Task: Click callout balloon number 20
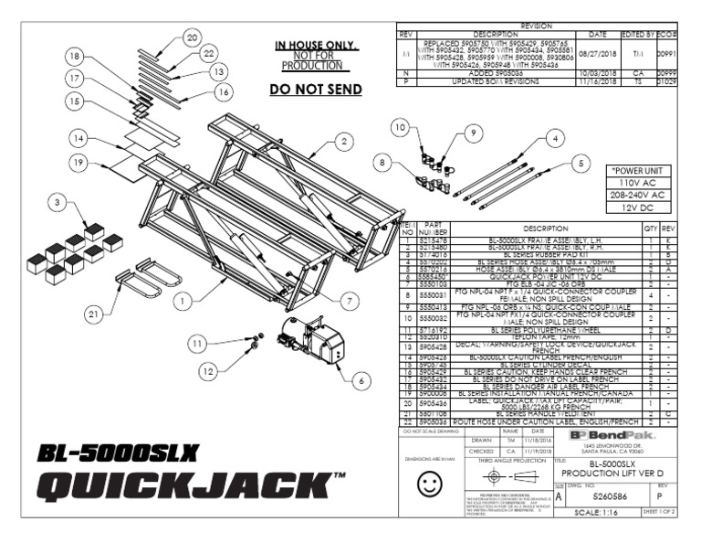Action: tap(191, 37)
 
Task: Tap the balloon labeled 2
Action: tap(342, 141)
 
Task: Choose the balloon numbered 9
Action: tap(472, 132)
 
